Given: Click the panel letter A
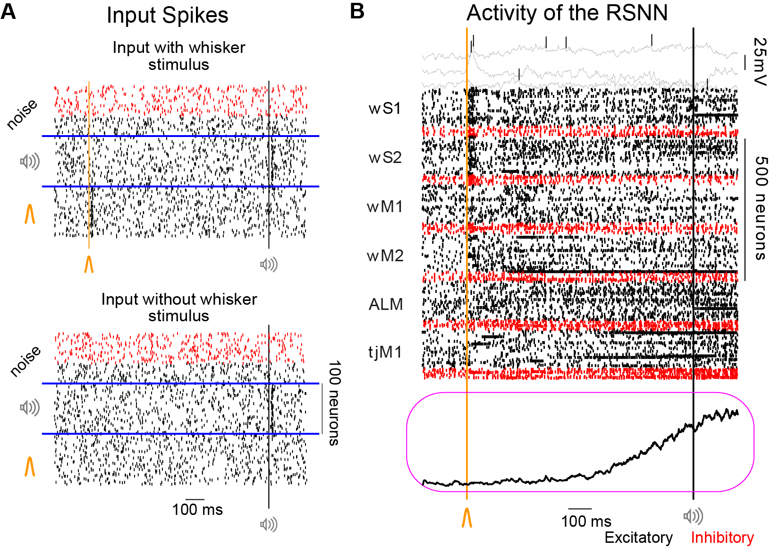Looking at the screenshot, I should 8,11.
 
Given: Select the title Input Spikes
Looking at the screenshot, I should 167,15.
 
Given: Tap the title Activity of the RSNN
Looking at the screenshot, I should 567,13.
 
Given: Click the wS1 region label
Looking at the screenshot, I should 385,108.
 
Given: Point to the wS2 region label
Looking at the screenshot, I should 385,157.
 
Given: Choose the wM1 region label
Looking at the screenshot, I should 385,206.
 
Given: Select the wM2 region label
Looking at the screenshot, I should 385,256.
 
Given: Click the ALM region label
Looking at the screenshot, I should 385,304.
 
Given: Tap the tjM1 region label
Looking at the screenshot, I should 385,352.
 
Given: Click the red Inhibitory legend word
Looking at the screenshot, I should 722,538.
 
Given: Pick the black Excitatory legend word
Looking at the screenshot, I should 638,538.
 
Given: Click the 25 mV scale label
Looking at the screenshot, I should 760,61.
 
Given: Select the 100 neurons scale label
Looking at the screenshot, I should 334,403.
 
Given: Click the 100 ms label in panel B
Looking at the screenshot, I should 586,522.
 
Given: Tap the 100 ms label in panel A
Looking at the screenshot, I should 197,509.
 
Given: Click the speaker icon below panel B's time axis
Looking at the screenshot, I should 694,516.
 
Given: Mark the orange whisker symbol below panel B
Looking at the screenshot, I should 466,517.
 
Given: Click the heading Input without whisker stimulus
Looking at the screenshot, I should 179,307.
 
